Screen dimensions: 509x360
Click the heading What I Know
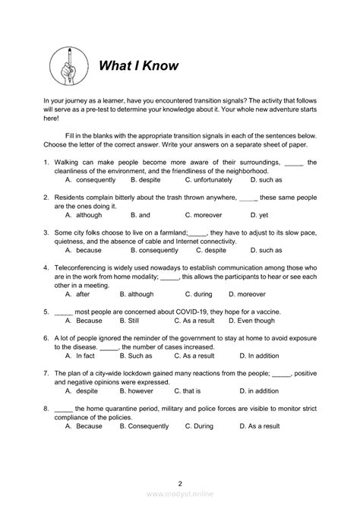pyautogui.click(x=138, y=65)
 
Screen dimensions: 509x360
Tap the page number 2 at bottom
pyautogui.click(x=180, y=483)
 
